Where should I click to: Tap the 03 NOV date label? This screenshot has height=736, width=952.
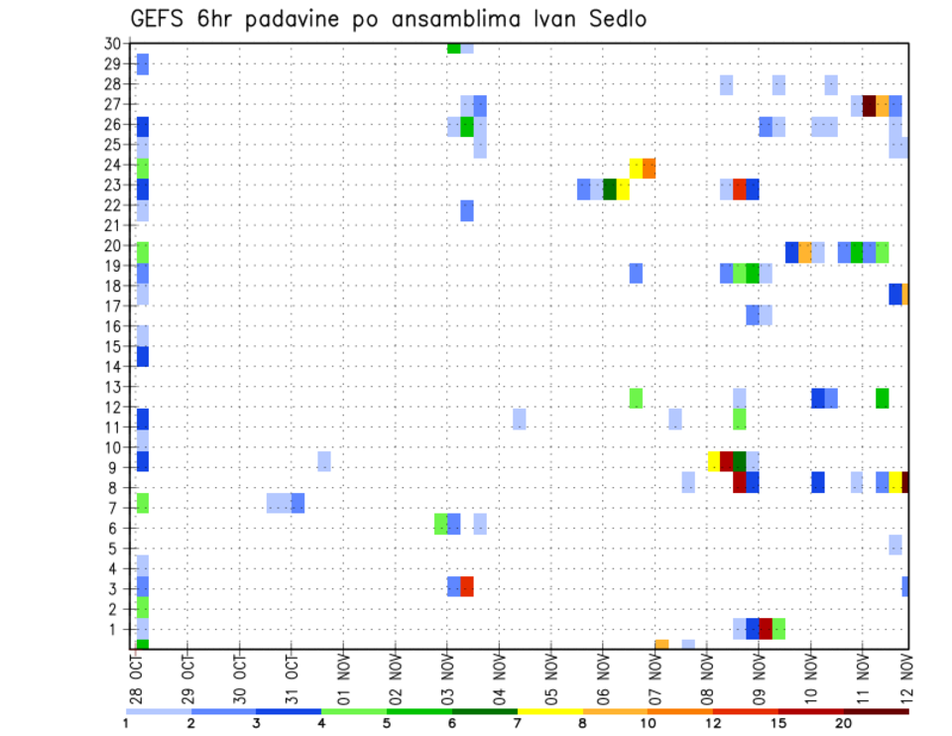(447, 678)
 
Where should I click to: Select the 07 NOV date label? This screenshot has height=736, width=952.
(655, 678)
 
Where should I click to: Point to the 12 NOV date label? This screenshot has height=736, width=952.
(904, 678)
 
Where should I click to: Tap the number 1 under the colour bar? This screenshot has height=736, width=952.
(126, 724)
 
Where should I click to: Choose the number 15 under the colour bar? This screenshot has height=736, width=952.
(778, 724)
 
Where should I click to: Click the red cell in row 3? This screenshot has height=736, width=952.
(467, 586)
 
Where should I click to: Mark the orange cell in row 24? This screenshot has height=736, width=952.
(650, 168)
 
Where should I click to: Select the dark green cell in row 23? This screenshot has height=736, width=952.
(610, 188)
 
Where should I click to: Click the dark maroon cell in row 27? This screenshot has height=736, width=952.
(870, 106)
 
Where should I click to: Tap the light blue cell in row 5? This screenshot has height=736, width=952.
(895, 545)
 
